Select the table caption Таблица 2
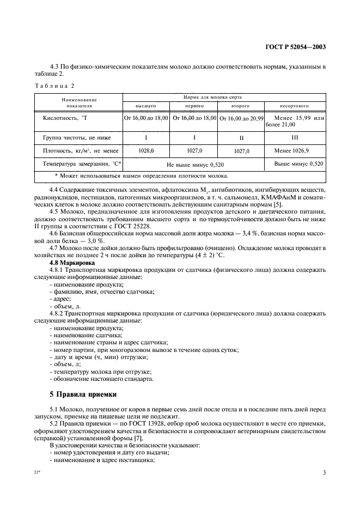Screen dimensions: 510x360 [53, 86]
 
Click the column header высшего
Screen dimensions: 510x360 [146, 105]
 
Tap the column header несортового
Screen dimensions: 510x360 [295, 105]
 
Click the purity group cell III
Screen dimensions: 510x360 [295, 138]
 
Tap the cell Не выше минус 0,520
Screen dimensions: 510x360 [195, 164]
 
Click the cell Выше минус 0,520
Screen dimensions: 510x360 [297, 163]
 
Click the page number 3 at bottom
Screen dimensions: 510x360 [324, 473]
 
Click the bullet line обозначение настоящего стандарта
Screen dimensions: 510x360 [102, 379]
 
